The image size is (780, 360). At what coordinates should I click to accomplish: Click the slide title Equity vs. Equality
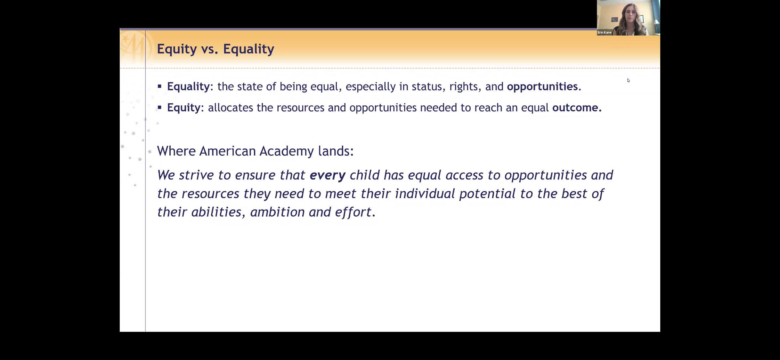pos(215,49)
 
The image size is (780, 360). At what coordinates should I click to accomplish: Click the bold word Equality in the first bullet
pos(188,87)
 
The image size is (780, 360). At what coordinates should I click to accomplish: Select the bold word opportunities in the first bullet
pos(542,87)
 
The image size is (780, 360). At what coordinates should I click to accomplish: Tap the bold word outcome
pos(575,108)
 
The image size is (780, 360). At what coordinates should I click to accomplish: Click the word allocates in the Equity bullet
pos(231,108)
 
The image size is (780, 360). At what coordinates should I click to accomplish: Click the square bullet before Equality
pos(159,86)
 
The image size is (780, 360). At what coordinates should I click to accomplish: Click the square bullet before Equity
pos(159,107)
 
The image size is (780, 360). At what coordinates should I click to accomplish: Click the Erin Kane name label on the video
pos(605,33)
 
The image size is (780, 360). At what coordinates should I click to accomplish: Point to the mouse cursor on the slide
pos(629,81)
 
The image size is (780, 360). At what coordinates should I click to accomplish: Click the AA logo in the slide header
pos(134,48)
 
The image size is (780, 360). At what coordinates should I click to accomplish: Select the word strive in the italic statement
pos(196,175)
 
